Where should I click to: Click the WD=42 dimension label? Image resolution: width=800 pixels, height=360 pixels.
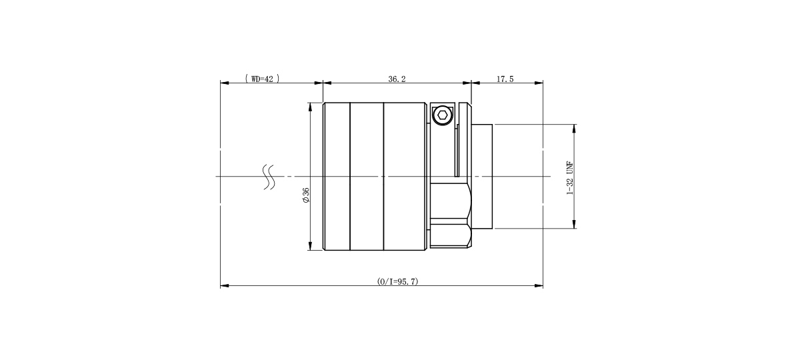coord(262,79)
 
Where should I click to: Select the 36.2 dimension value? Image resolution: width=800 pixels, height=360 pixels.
coord(397,79)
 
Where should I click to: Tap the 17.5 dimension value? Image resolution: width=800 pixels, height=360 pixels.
coord(505,79)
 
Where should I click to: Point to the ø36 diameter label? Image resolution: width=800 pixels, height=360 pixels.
coord(306,195)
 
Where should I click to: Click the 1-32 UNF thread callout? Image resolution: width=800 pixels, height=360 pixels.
coord(570,177)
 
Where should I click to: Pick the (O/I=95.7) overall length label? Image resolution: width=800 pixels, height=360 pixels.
coord(397,281)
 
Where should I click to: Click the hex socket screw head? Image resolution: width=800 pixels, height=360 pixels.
coord(443,115)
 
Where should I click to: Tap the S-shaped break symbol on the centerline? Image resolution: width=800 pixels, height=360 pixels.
coord(269,177)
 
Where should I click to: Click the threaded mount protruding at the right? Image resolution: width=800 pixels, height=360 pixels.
coord(482,177)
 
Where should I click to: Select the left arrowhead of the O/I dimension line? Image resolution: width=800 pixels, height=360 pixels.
coord(224,286)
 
